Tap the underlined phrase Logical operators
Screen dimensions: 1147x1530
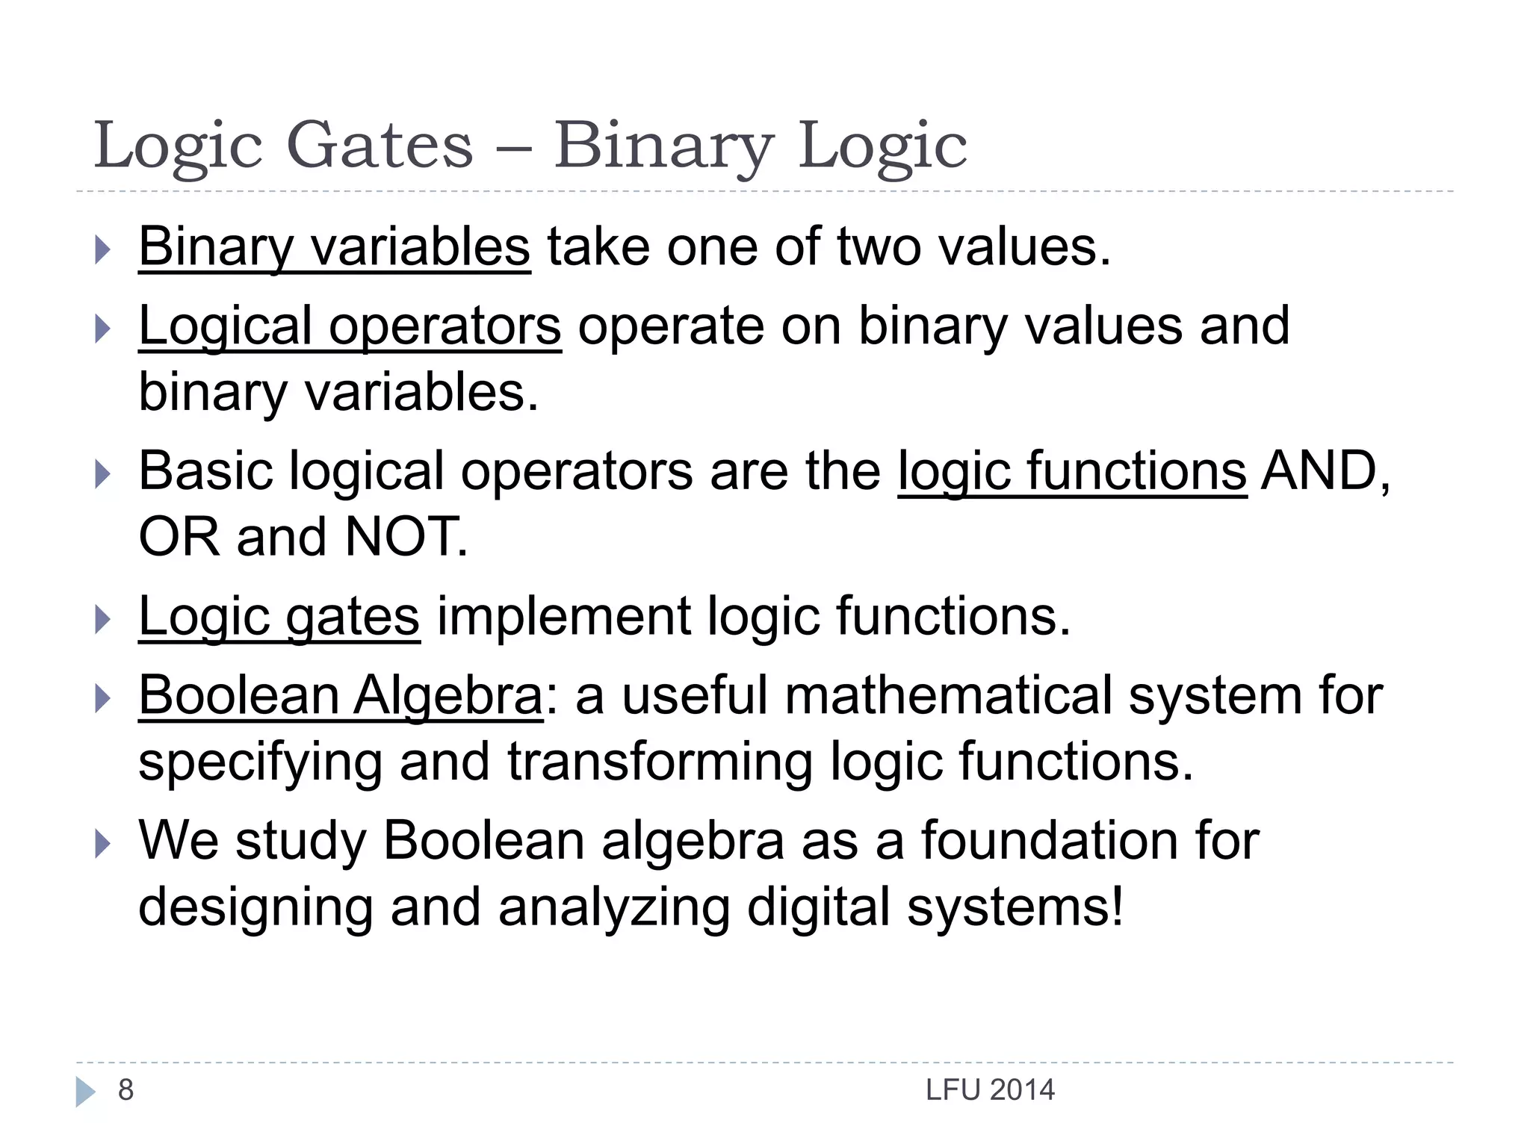click(350, 326)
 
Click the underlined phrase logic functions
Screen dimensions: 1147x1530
click(1072, 472)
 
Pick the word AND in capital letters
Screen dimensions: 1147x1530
click(1319, 472)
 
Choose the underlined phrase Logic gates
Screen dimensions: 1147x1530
click(279, 617)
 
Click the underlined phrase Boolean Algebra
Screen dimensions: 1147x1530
click(341, 696)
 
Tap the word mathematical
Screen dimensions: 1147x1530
click(948, 696)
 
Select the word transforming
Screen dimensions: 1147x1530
click(660, 762)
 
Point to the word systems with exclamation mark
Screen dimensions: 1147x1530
click(1015, 907)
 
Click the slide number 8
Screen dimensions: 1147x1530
click(126, 1090)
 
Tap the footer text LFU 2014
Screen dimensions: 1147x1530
click(990, 1091)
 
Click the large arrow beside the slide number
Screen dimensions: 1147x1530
click(85, 1092)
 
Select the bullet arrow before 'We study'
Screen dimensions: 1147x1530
click(103, 845)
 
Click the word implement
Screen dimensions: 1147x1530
click(563, 617)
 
